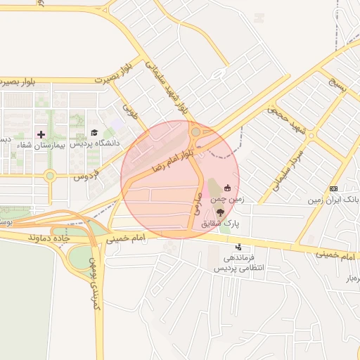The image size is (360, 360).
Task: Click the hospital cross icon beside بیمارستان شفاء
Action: click(x=41, y=134)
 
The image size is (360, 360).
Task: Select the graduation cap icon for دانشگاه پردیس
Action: click(x=94, y=133)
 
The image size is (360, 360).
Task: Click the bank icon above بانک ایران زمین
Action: click(x=333, y=188)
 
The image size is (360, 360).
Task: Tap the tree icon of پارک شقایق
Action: click(x=221, y=212)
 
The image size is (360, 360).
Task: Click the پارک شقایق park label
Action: click(x=221, y=224)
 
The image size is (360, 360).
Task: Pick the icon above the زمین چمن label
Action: click(x=227, y=188)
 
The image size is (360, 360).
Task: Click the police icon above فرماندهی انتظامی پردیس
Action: click(x=239, y=247)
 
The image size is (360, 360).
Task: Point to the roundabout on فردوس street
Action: click(x=50, y=176)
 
